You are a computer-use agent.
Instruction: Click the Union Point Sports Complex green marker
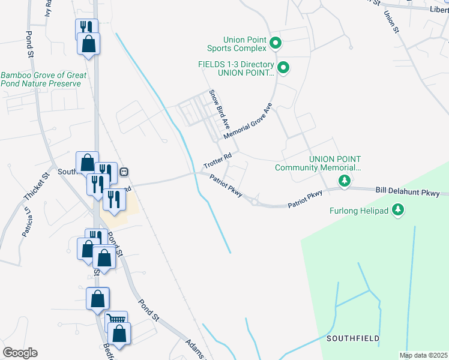click(276, 43)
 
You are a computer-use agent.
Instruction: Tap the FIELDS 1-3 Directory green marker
click(284, 68)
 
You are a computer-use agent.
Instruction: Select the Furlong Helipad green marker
click(397, 210)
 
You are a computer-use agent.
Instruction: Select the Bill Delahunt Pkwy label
click(412, 192)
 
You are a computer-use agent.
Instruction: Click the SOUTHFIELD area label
click(353, 338)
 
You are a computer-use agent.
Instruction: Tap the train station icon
click(124, 172)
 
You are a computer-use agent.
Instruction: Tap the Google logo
click(20, 353)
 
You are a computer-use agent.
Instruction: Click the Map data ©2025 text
click(423, 355)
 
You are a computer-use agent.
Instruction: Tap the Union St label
click(391, 22)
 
